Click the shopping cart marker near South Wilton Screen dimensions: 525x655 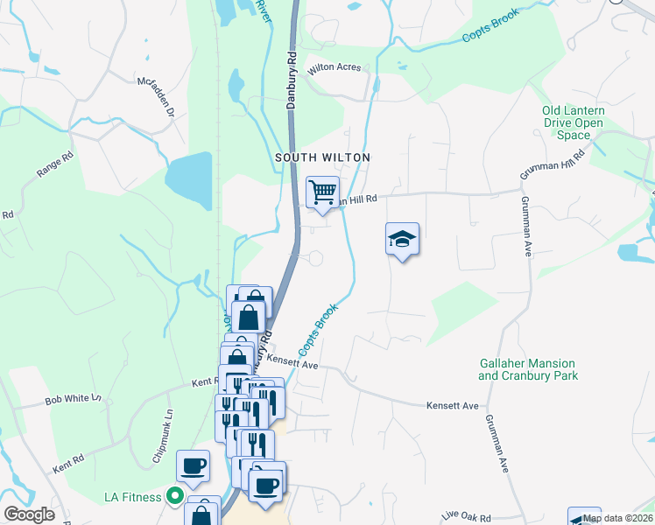coord(322,192)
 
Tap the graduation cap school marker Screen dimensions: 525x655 coord(402,239)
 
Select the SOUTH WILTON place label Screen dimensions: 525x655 coord(323,157)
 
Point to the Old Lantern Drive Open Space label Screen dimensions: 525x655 coord(573,123)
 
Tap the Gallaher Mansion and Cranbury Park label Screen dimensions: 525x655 coord(527,369)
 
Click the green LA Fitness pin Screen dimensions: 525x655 coord(174,497)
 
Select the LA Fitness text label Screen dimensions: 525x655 coord(132,497)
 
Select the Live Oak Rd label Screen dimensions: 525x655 coord(467,518)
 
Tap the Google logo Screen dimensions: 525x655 coord(30,514)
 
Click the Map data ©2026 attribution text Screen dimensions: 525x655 coord(618,518)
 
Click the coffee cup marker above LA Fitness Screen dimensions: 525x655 coord(193,465)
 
